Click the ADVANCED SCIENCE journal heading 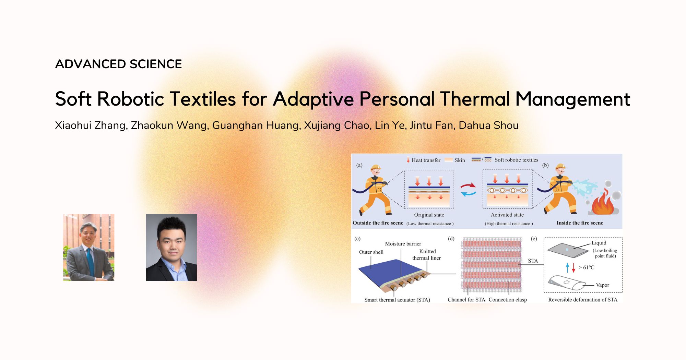pyautogui.click(x=118, y=64)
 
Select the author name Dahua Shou pyautogui.click(x=488, y=125)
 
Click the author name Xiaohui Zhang pyautogui.click(x=91, y=125)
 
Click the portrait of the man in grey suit pyautogui.click(x=89, y=248)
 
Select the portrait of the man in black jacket pyautogui.click(x=171, y=248)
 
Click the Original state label pyautogui.click(x=429, y=215)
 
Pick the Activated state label pyautogui.click(x=507, y=215)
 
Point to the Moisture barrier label pyautogui.click(x=403, y=244)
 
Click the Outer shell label pyautogui.click(x=371, y=252)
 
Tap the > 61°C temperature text pyautogui.click(x=586, y=267)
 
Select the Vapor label pyautogui.click(x=602, y=285)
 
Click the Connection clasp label pyautogui.click(x=508, y=300)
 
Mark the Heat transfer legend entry pyautogui.click(x=426, y=160)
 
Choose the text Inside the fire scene pyautogui.click(x=580, y=223)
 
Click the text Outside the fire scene pyautogui.click(x=378, y=223)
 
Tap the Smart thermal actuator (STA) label pyautogui.click(x=397, y=300)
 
